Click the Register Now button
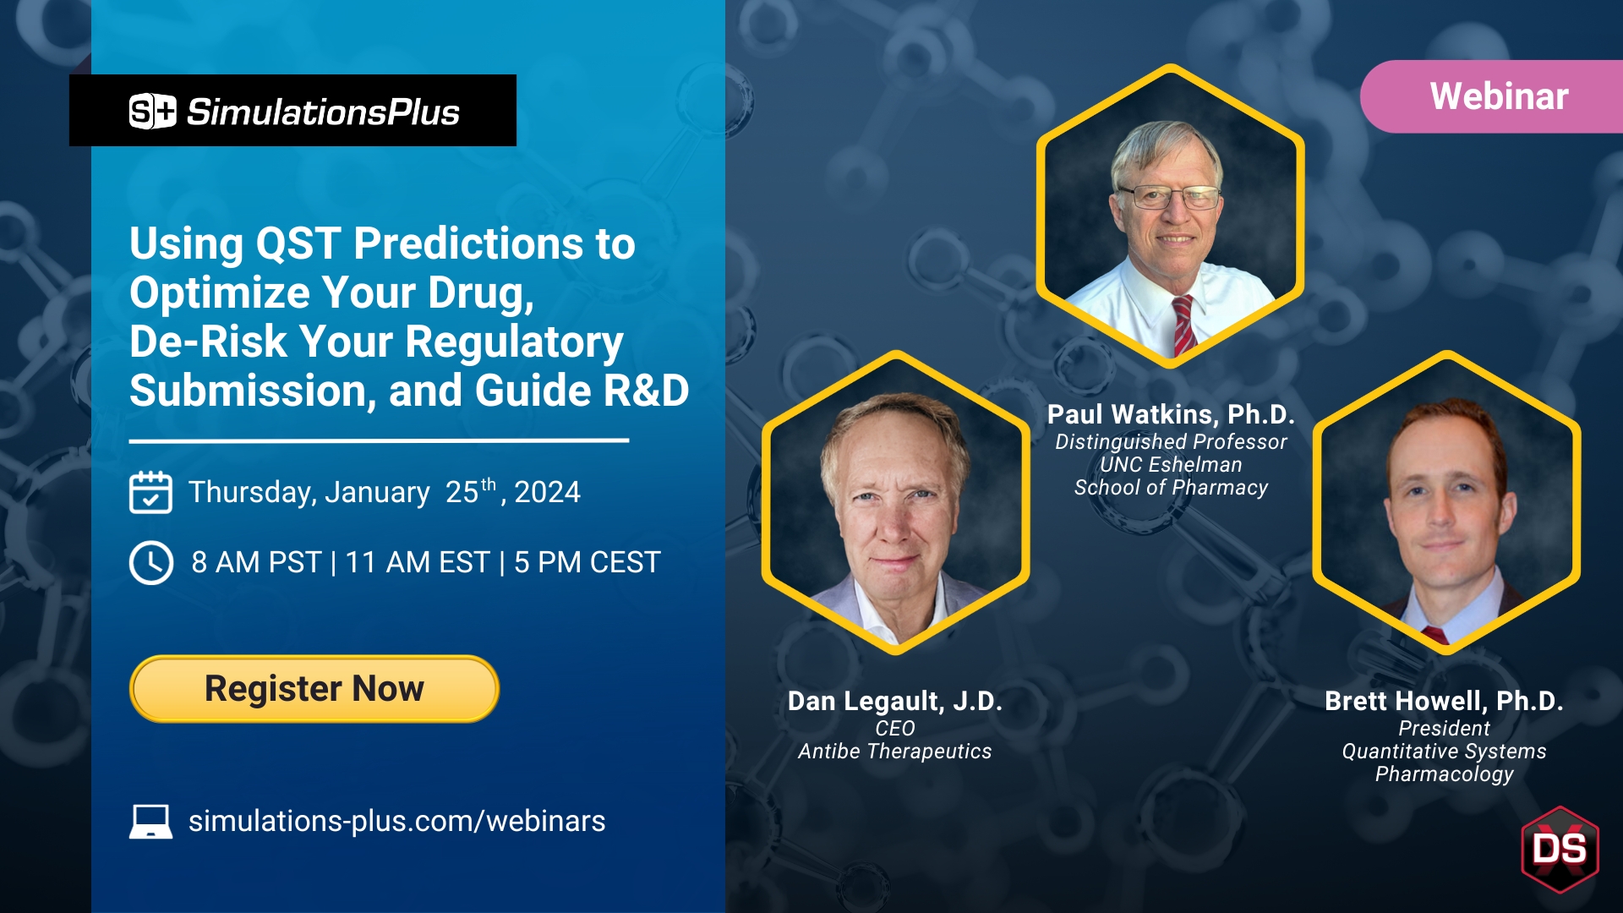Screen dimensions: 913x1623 (314, 689)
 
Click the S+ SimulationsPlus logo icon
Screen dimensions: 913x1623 (152, 112)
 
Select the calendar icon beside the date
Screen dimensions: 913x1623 (150, 492)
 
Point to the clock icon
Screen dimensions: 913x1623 (151, 562)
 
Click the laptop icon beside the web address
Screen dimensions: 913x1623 (150, 821)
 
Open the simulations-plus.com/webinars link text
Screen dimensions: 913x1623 (396, 821)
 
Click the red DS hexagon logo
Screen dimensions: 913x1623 (1560, 849)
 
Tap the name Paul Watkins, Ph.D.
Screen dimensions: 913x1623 (1171, 414)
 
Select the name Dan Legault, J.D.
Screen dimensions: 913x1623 (894, 701)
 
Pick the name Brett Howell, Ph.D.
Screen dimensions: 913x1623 (1444, 701)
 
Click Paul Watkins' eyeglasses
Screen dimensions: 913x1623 (1170, 198)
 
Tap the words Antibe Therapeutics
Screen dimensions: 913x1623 (894, 752)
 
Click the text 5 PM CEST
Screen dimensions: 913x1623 (587, 562)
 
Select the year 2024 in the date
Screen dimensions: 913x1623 (547, 492)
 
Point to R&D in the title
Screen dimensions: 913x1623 (647, 391)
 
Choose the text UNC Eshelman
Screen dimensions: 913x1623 (1171, 465)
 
